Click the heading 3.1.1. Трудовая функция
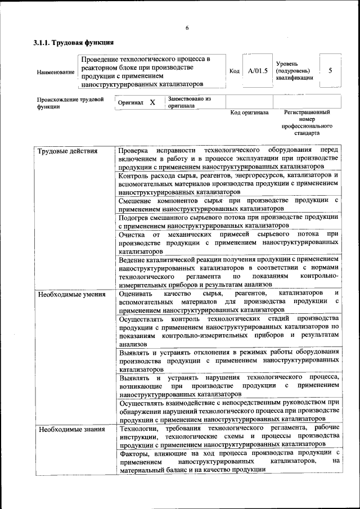coord(74,43)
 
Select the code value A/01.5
coord(258,71)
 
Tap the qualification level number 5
coord(330,71)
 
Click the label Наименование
coord(55,72)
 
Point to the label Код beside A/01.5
coord(235,71)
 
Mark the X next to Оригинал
coord(152,103)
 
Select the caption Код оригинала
coord(250,112)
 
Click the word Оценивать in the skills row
coord(138,294)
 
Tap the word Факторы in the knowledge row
coord(136,453)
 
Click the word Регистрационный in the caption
coord(307,112)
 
